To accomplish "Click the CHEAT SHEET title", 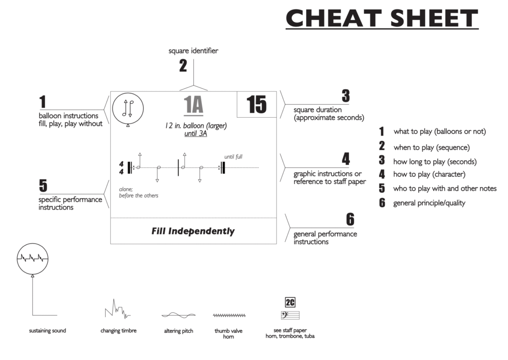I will (381, 19).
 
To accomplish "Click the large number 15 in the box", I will (256, 105).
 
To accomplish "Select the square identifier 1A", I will (193, 105).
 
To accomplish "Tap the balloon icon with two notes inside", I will (128, 108).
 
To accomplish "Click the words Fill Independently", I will (193, 231).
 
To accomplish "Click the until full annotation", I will (233, 157).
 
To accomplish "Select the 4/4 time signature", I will (122, 167).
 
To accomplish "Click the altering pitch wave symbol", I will (178, 315).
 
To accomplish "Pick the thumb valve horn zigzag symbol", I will (229, 315).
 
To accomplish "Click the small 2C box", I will (290, 302).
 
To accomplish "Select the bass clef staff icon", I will (290, 315).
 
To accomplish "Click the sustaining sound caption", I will (48, 331).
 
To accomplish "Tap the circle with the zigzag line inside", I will (33, 258).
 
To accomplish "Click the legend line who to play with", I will (444, 188).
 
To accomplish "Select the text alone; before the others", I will (138, 192).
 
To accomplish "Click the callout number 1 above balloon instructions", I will (43, 102).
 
